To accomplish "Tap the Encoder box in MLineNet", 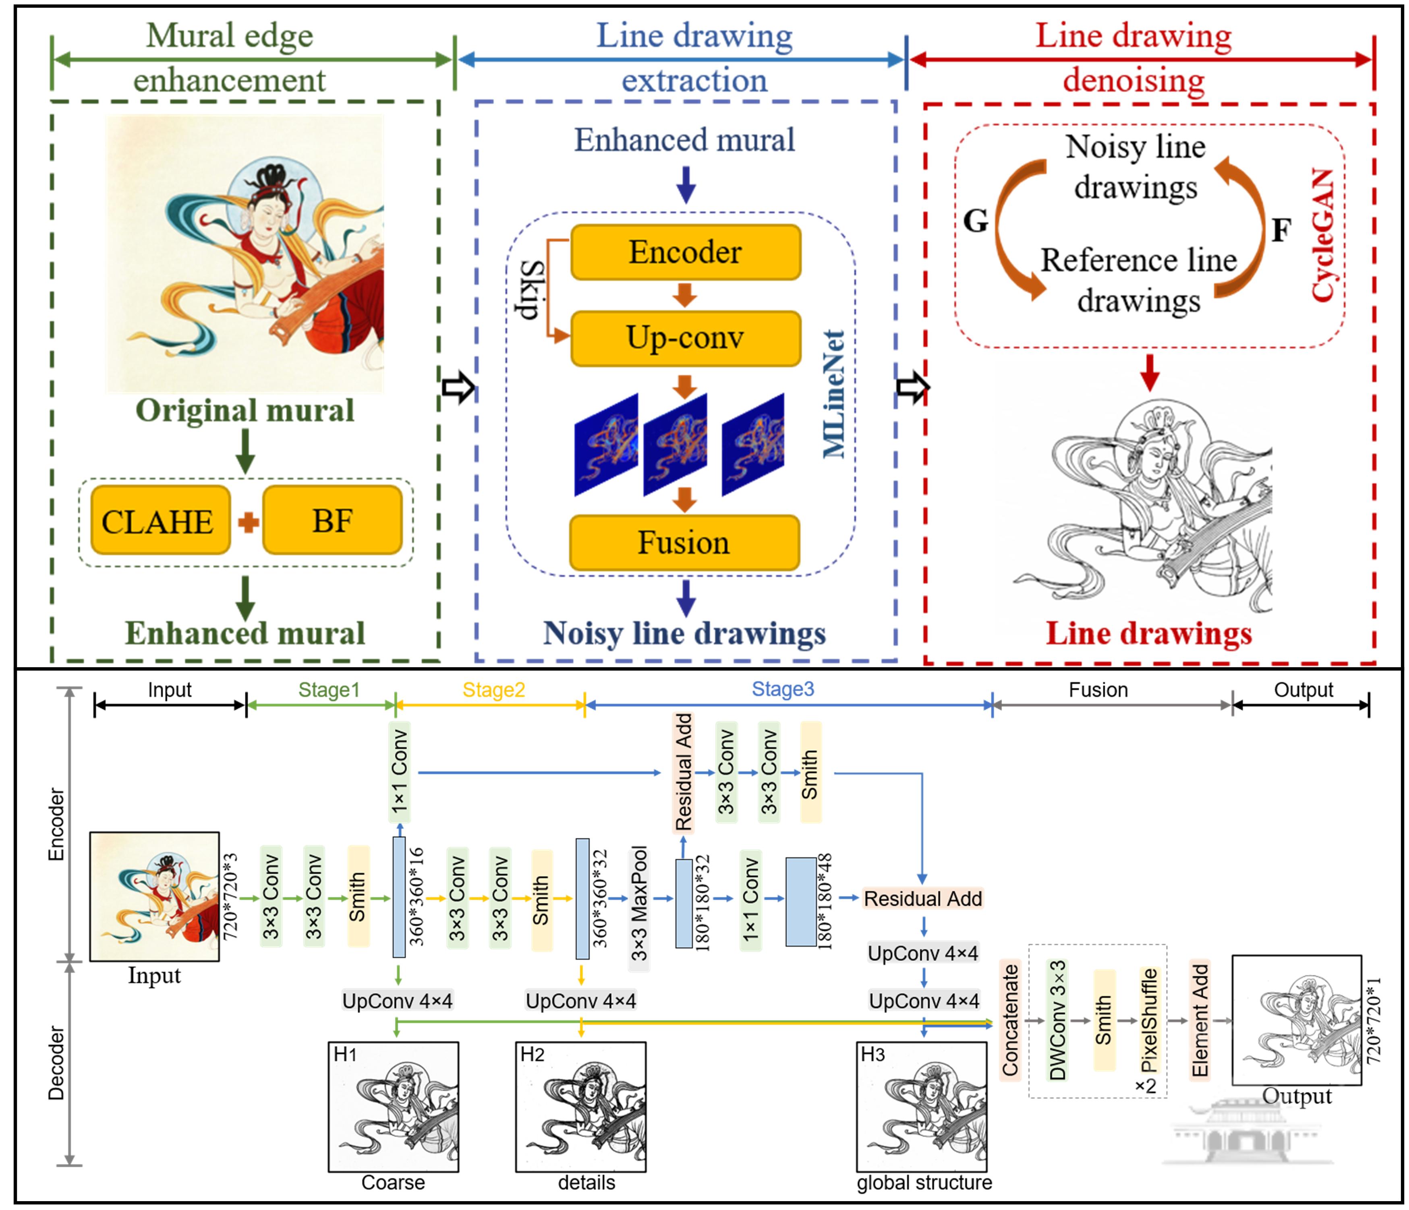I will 686,252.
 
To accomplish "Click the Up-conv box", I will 686,338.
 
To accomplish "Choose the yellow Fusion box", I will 684,542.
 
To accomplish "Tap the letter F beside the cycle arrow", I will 1281,230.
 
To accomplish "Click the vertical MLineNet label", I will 834,394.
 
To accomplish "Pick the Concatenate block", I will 1010,1020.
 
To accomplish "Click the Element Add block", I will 1200,1020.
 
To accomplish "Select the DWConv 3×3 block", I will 1057,1020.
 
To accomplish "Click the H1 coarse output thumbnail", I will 393,1106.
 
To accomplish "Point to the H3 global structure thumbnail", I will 922,1106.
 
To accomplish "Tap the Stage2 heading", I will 494,690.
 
